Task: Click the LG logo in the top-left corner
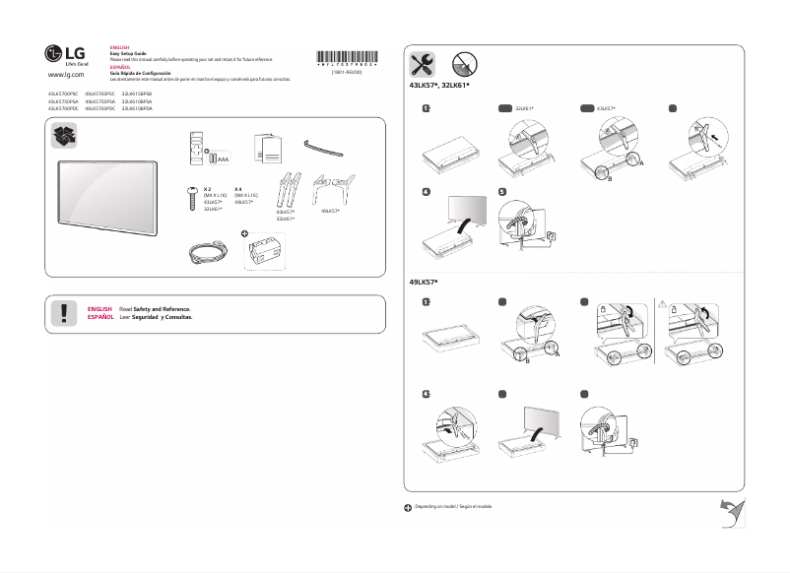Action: pyautogui.click(x=61, y=55)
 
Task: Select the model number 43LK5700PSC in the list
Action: pyautogui.click(x=62, y=92)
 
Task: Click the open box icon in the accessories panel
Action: pyautogui.click(x=67, y=137)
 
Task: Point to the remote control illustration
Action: pyautogui.click(x=193, y=146)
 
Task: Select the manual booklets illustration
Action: pyautogui.click(x=266, y=148)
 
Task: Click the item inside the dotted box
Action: pyautogui.click(x=271, y=253)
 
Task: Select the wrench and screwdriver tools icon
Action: pyautogui.click(x=423, y=65)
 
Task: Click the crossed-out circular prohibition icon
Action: pyautogui.click(x=465, y=65)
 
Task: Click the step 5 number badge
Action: pyautogui.click(x=502, y=192)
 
